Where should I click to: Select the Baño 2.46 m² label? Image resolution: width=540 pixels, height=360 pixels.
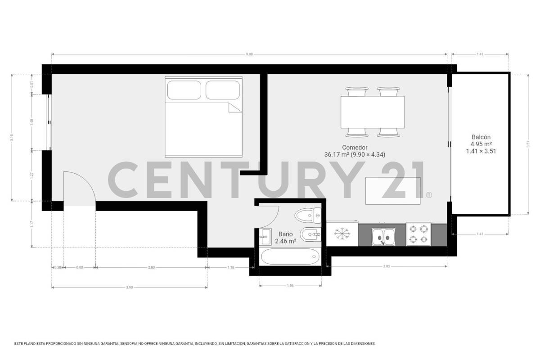coord(287,238)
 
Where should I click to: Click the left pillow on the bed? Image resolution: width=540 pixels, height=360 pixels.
coord(184,90)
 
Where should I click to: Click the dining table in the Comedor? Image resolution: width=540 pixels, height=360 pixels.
coord(372,112)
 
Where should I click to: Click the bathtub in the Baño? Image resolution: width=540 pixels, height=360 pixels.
coord(290,257)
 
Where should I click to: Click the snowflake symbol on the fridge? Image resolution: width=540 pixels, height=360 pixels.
coord(342,234)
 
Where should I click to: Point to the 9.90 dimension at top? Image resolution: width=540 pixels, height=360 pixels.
coord(249,54)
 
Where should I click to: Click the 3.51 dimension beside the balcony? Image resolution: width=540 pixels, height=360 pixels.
coord(527,144)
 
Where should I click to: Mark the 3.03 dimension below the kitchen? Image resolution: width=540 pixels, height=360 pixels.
coord(386,267)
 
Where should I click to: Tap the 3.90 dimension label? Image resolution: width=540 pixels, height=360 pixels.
coord(129,287)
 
